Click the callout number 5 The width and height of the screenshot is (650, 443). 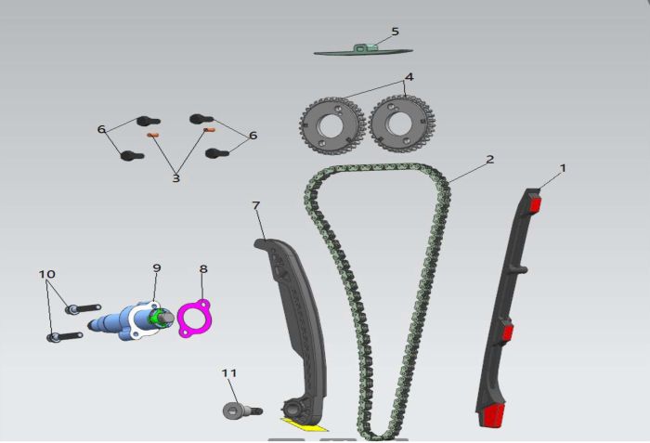(395, 32)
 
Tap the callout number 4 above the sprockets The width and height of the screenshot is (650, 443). (409, 77)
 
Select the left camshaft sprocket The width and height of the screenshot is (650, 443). (331, 125)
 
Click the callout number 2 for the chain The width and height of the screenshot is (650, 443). (490, 160)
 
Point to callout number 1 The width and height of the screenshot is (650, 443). (563, 168)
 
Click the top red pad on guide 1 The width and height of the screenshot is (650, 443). (536, 205)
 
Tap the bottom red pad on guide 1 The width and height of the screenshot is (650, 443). (493, 415)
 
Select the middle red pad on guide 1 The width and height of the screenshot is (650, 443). (507, 332)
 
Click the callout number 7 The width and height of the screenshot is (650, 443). (255, 206)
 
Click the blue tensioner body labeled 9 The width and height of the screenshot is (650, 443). (131, 320)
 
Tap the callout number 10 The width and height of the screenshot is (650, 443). (46, 274)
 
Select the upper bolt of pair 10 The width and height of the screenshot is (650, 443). (83, 308)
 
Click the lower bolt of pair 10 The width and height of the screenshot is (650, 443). (65, 336)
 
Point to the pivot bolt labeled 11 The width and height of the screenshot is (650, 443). (242, 410)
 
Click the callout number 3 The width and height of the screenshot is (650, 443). (176, 178)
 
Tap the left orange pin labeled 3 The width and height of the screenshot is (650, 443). (153, 135)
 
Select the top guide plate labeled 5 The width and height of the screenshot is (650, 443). (363, 50)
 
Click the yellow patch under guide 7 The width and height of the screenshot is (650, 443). (304, 424)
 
